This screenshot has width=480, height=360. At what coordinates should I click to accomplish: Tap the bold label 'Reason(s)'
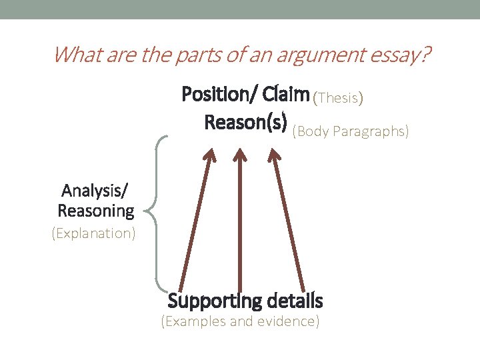click(x=246, y=123)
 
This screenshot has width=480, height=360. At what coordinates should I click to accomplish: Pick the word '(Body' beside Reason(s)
click(x=311, y=131)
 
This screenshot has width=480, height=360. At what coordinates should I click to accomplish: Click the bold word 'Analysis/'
click(x=96, y=191)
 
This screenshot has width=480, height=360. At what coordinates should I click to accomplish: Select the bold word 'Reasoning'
click(x=96, y=211)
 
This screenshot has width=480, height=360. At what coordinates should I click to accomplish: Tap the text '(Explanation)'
click(x=93, y=234)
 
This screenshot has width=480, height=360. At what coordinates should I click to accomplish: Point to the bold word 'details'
click(x=295, y=301)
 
